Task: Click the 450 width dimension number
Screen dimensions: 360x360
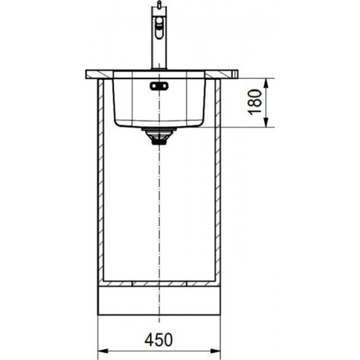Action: pyautogui.click(x=158, y=340)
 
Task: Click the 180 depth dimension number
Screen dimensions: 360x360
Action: pyautogui.click(x=254, y=102)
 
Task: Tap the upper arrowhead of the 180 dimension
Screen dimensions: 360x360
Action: pyautogui.click(x=266, y=83)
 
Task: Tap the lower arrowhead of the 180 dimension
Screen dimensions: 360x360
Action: pyautogui.click(x=266, y=122)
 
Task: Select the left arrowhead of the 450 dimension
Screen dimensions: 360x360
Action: pyautogui.click(x=103, y=351)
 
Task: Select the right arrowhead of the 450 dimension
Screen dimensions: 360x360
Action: pyautogui.click(x=215, y=351)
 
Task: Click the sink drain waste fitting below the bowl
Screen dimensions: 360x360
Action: pyautogui.click(x=158, y=136)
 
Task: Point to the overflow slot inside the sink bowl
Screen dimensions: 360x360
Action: pyautogui.click(x=159, y=86)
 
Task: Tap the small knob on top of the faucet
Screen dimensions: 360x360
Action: pyautogui.click(x=159, y=4)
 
